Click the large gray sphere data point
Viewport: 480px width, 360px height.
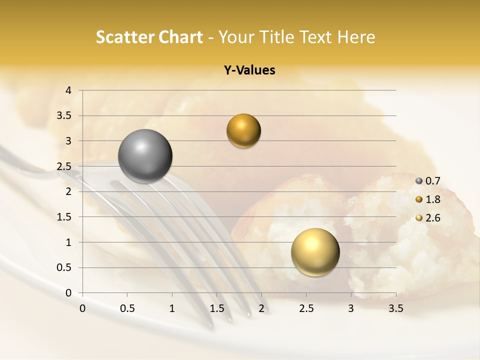point(145,156)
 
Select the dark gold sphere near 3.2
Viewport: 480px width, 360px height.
point(243,131)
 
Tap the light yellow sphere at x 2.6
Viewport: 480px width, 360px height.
point(315,252)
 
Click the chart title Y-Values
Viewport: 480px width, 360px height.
point(249,70)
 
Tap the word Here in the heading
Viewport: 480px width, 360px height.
point(356,37)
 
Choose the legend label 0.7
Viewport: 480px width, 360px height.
point(432,180)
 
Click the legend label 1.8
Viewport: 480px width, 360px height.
point(432,199)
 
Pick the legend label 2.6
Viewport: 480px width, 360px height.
point(432,218)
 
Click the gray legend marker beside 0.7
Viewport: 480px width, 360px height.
point(419,180)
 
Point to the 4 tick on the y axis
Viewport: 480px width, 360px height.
point(68,90)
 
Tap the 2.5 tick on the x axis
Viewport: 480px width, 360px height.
point(306,308)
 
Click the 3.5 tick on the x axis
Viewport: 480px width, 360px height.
point(395,308)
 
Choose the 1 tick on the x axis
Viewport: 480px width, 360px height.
point(172,308)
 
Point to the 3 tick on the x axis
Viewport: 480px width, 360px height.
point(351,308)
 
